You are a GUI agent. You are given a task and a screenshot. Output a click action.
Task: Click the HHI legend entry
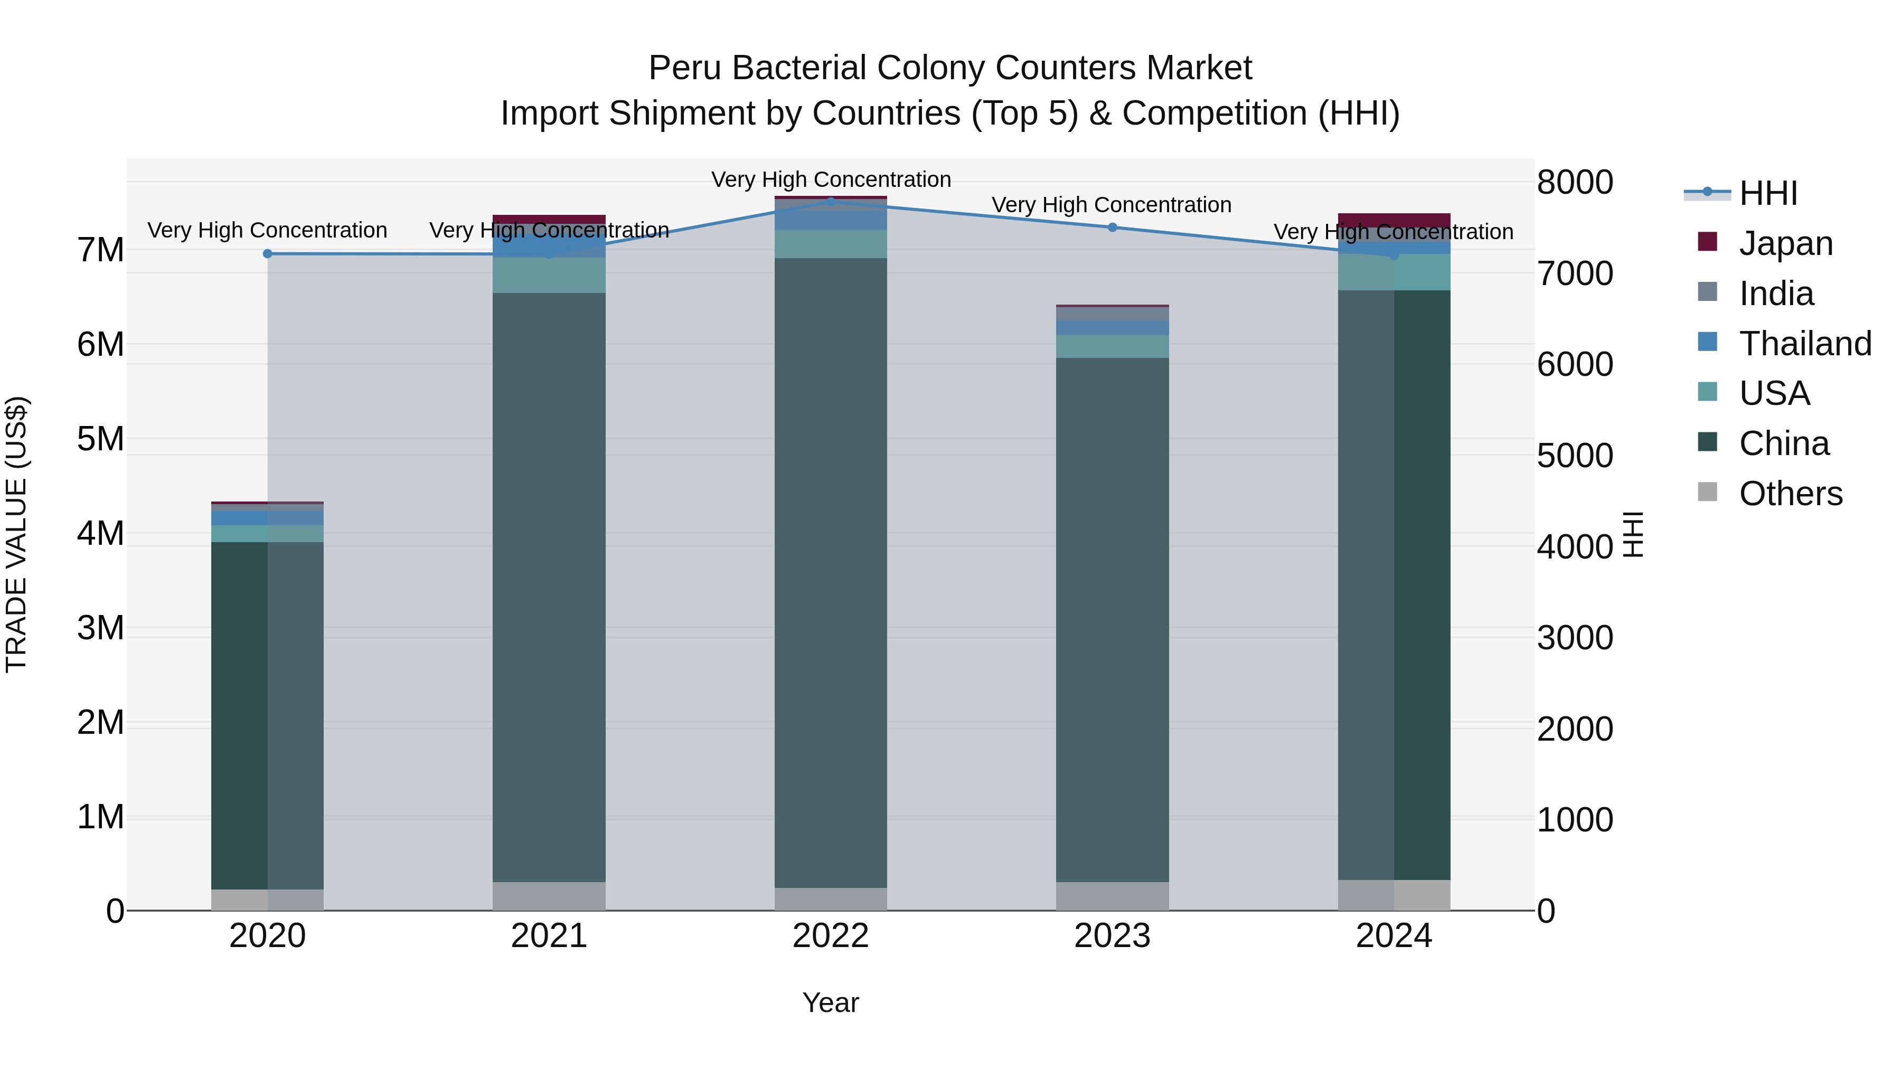[x=1767, y=193]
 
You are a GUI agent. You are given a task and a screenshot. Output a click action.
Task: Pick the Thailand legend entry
[x=1804, y=344]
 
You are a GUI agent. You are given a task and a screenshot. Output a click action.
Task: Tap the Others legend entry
[x=1790, y=494]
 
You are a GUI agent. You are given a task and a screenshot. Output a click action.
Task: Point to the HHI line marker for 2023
[x=1112, y=227]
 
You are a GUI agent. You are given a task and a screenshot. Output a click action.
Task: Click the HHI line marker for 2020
[x=267, y=254]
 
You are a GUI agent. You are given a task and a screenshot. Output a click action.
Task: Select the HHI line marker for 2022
[x=831, y=202]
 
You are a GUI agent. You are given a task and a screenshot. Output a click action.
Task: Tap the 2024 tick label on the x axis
[x=1394, y=936]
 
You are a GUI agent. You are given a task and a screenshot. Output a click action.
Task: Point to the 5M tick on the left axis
[x=100, y=439]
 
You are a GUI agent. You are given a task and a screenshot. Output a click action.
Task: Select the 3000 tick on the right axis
[x=1575, y=638]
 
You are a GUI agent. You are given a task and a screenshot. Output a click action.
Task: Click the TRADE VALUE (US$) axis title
[x=16, y=534]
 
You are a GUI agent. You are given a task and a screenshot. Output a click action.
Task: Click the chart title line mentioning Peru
[x=950, y=68]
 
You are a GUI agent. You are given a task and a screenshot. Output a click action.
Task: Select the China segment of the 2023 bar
[x=1112, y=620]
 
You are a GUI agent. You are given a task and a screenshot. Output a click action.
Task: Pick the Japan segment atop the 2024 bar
[x=1394, y=220]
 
